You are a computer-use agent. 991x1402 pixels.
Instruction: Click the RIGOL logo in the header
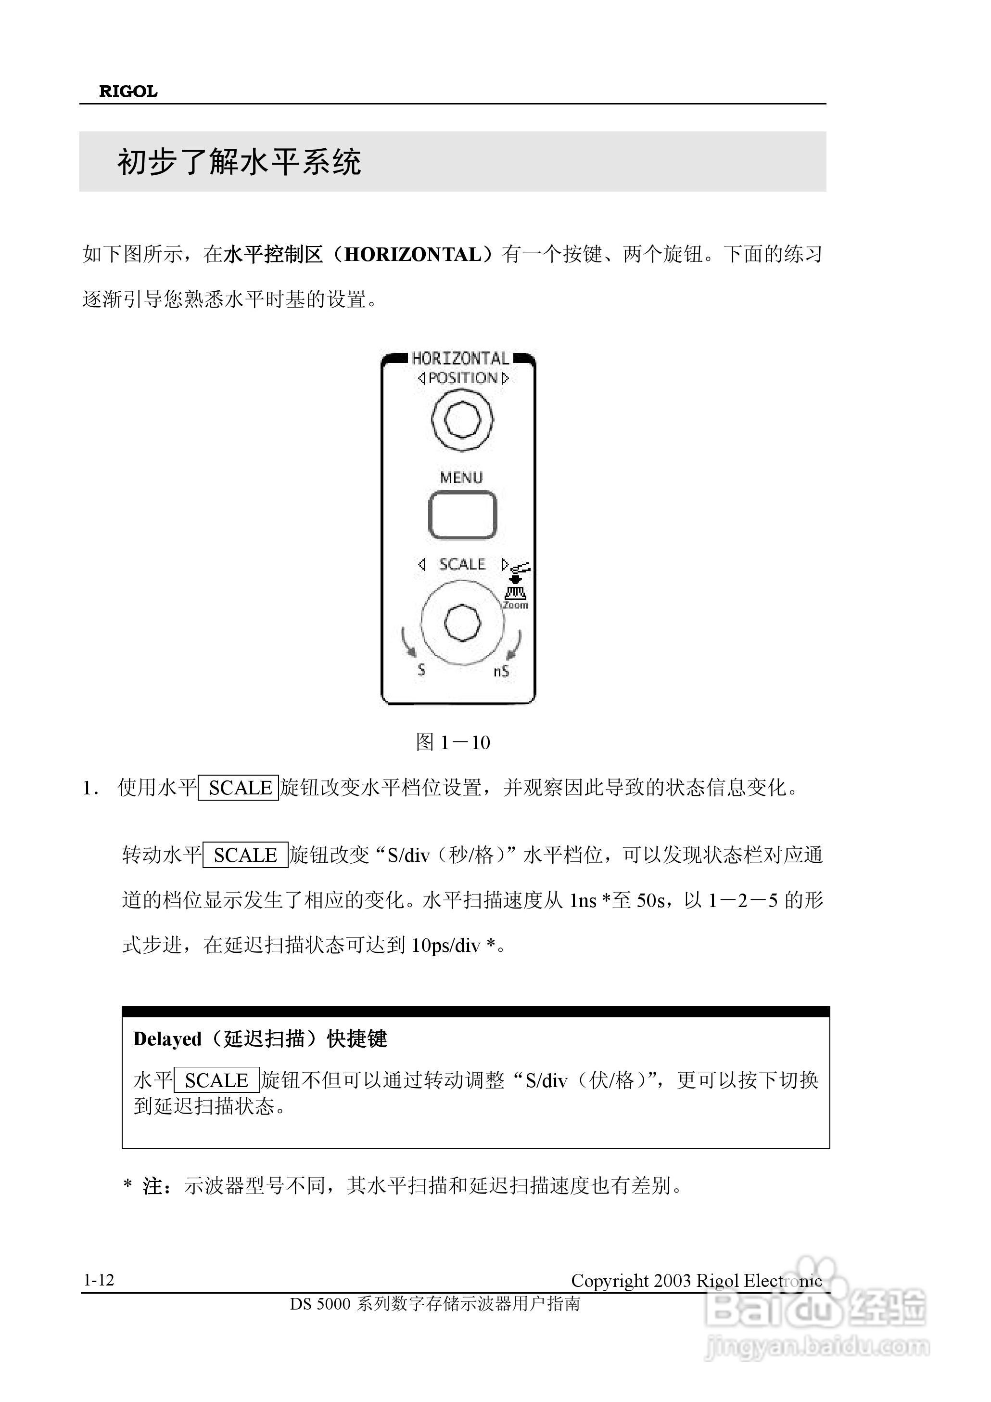point(128,91)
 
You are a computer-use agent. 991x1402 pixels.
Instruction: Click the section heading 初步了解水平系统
point(239,162)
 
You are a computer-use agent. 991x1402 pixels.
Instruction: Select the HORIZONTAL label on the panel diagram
point(460,358)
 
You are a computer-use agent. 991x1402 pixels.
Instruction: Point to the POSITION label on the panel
point(463,378)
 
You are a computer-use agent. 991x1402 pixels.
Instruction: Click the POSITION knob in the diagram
point(462,419)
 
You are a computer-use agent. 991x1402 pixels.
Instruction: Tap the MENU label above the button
point(461,478)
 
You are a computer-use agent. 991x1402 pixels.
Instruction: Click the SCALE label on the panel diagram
point(462,564)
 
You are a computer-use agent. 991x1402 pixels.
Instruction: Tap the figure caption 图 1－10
point(453,742)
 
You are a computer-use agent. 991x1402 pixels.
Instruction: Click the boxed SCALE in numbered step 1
point(239,788)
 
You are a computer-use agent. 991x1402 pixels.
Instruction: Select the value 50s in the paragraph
point(652,901)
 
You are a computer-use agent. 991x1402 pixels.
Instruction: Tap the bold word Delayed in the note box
point(167,1039)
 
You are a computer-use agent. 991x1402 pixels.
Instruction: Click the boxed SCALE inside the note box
point(216,1080)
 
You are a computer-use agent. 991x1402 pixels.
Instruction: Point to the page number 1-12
point(99,1280)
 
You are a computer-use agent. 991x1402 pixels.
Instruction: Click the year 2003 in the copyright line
point(673,1281)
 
